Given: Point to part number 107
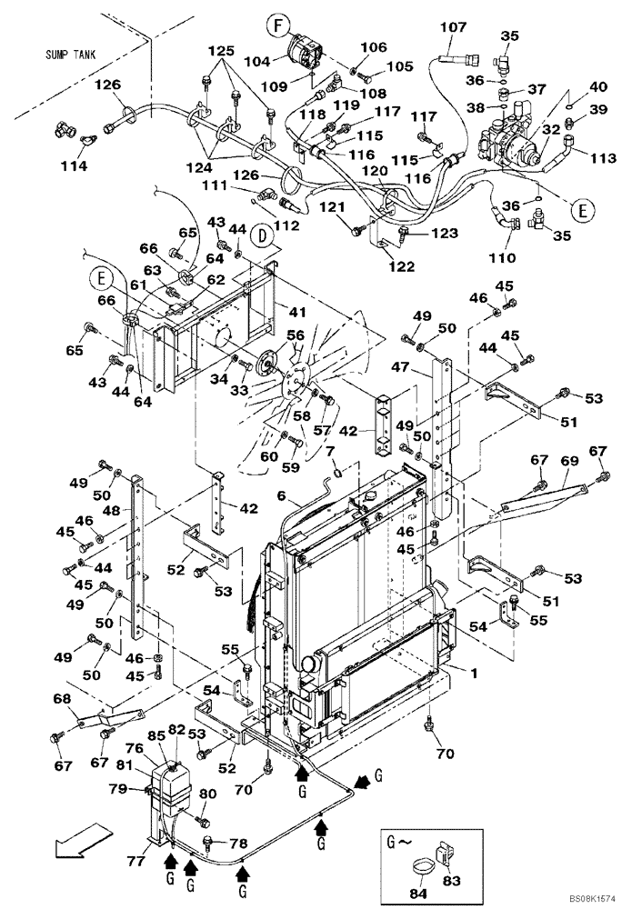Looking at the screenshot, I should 453,28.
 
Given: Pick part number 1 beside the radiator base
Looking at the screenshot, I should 472,673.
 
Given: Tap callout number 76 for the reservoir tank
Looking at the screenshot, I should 135,749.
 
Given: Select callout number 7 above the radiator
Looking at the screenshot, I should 332,451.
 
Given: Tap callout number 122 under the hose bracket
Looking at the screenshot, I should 402,266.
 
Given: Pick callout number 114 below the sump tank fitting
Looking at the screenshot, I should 74,166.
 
